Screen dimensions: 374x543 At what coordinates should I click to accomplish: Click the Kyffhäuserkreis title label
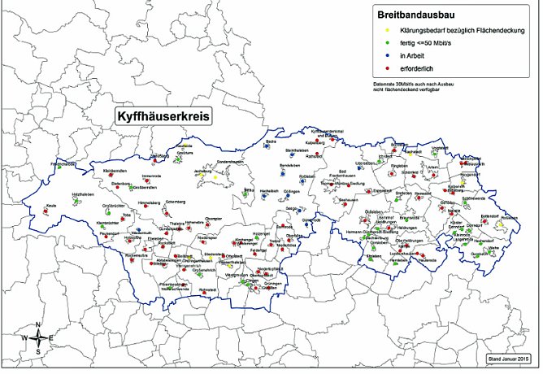tap(162, 116)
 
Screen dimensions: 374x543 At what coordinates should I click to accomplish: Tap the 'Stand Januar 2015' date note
tap(510, 358)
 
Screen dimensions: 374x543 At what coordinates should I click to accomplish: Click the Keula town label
tap(52, 206)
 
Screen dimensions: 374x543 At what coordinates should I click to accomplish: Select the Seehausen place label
tap(348, 199)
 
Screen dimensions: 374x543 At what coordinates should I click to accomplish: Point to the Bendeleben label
tap(289, 165)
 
